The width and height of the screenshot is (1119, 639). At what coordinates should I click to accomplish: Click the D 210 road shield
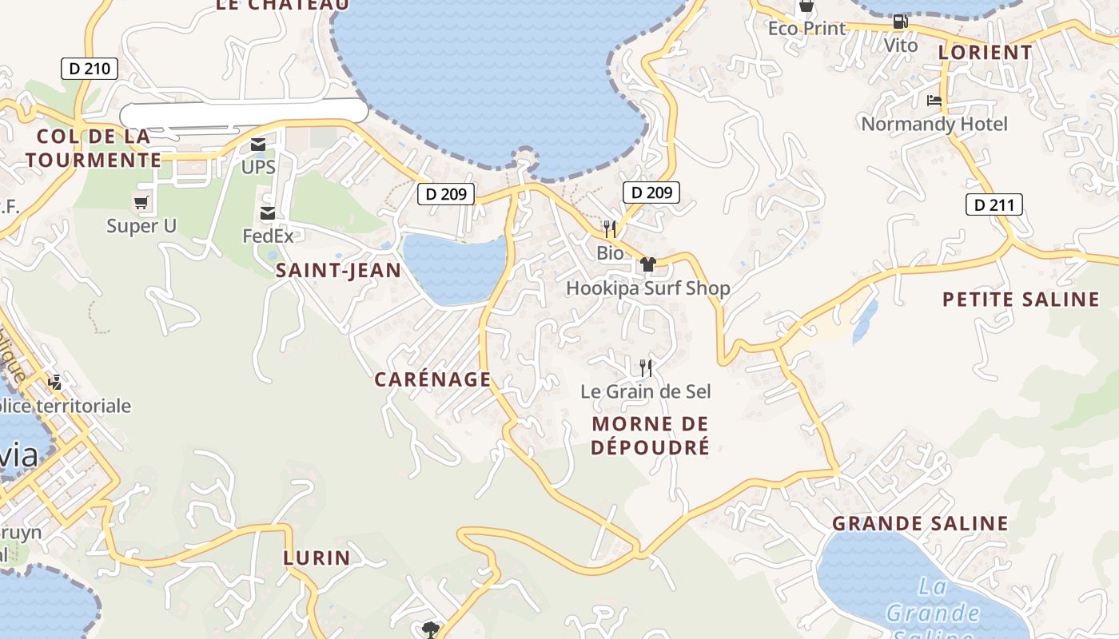click(90, 69)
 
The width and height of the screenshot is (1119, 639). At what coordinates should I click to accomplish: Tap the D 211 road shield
click(994, 205)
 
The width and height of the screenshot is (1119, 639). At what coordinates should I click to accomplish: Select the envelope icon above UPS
click(258, 145)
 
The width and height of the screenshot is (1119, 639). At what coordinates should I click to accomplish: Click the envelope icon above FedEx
click(267, 213)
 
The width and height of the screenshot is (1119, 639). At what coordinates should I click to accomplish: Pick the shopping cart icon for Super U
click(141, 203)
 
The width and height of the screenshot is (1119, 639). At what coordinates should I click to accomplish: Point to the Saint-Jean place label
click(338, 271)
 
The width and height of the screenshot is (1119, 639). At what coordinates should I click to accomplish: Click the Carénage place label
click(432, 379)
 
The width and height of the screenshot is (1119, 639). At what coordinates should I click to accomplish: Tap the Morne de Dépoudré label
click(650, 435)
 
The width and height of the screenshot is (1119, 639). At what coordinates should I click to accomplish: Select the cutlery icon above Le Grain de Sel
click(646, 368)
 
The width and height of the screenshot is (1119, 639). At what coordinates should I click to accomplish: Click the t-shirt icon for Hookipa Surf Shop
click(647, 264)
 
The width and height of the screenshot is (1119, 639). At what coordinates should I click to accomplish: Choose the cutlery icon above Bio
click(610, 230)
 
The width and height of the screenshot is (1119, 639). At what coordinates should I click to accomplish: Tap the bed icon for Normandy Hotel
click(934, 101)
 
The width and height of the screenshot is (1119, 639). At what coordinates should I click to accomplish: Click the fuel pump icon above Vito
click(900, 22)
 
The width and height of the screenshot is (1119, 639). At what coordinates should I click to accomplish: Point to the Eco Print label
click(806, 29)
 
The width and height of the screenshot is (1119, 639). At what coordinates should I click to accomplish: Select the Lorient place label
click(985, 53)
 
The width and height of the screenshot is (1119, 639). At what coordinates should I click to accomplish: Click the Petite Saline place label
click(1021, 300)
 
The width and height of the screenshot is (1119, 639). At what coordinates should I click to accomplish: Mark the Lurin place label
click(317, 558)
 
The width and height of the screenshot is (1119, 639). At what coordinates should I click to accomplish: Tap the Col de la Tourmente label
click(93, 148)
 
